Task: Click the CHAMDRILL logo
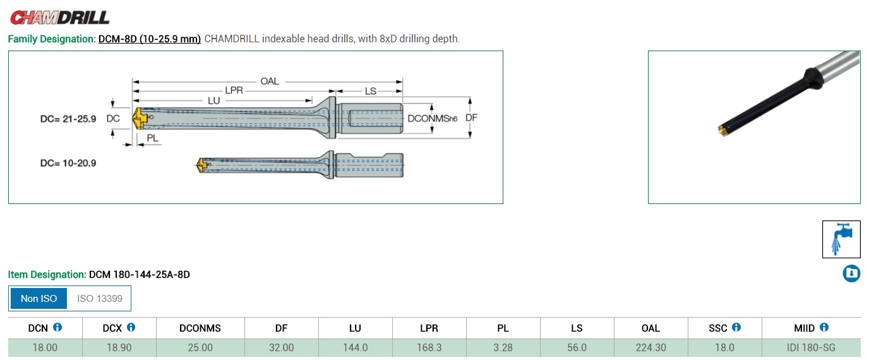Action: point(59,17)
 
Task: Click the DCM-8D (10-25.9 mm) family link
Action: point(149,39)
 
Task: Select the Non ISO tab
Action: point(39,299)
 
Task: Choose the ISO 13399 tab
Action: point(100,299)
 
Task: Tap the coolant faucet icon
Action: point(841,239)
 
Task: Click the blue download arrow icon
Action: point(851,273)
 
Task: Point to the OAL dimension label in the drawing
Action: point(270,81)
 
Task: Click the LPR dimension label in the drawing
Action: point(234,91)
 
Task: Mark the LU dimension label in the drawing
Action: point(214,100)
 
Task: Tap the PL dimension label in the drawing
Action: point(152,138)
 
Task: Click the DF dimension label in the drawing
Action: point(471,117)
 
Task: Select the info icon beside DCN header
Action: point(57,328)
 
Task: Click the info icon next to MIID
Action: point(824,328)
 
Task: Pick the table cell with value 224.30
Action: point(650,348)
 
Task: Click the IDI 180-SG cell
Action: point(811,348)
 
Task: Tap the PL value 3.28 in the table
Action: point(503,348)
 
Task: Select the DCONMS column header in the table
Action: point(200,328)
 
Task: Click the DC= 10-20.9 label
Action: point(68,163)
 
